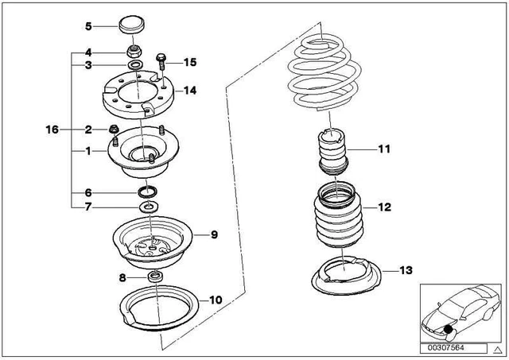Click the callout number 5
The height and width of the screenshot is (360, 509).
(x=88, y=26)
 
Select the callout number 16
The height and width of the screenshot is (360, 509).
(x=52, y=129)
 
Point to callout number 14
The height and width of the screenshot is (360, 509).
(x=188, y=91)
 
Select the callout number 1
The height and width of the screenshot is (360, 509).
(x=88, y=149)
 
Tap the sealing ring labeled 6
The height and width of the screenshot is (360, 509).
(x=149, y=192)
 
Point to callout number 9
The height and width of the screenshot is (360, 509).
(x=213, y=234)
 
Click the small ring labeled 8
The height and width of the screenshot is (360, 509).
(x=156, y=277)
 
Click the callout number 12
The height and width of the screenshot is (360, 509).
(x=384, y=208)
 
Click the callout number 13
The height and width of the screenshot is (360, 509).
(x=406, y=270)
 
